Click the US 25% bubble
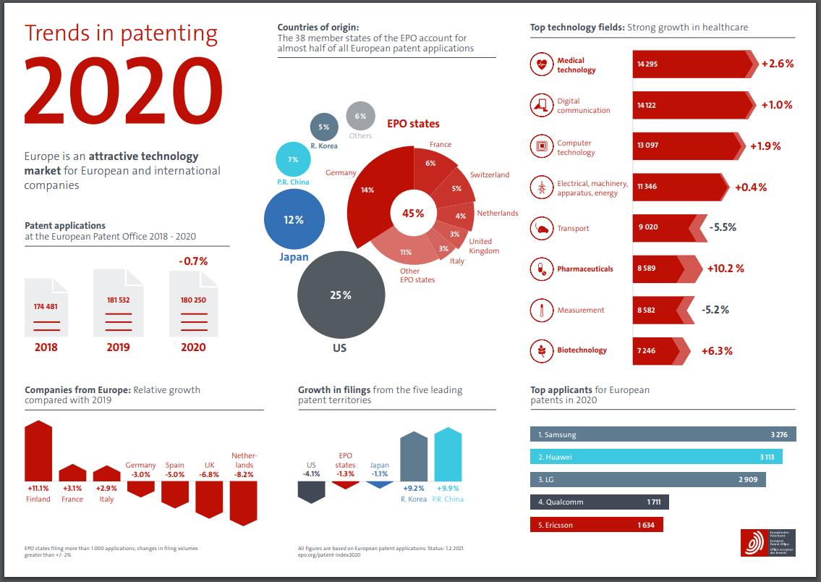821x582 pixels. (341, 295)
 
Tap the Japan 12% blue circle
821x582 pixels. (294, 220)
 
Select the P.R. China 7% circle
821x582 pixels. (293, 159)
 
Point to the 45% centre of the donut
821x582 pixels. (413, 213)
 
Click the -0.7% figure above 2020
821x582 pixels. (193, 261)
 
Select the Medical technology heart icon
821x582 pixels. (540, 65)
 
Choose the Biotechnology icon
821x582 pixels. (540, 350)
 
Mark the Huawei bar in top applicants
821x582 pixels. (656, 457)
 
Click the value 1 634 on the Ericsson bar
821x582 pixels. (646, 525)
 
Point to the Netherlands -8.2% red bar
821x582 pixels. (243, 502)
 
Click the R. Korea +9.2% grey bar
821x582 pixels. (413, 457)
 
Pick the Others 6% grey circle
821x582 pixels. (360, 116)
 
